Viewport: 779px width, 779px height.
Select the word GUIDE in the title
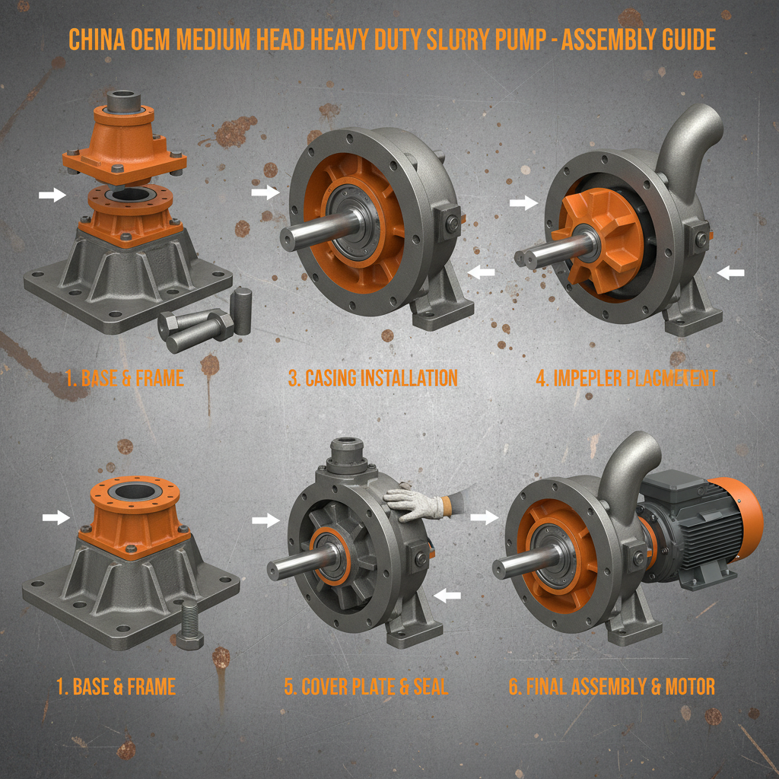click(685, 40)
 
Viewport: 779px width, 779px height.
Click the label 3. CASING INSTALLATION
click(373, 378)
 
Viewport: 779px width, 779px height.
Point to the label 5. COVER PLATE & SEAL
click(366, 687)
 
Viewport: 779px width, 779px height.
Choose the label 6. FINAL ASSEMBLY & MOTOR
click(612, 687)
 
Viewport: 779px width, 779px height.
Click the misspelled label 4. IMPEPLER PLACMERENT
click(626, 378)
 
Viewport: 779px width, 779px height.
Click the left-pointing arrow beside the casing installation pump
click(481, 272)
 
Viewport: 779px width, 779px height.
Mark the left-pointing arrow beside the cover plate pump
click(447, 596)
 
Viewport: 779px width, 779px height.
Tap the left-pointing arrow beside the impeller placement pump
click(731, 272)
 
